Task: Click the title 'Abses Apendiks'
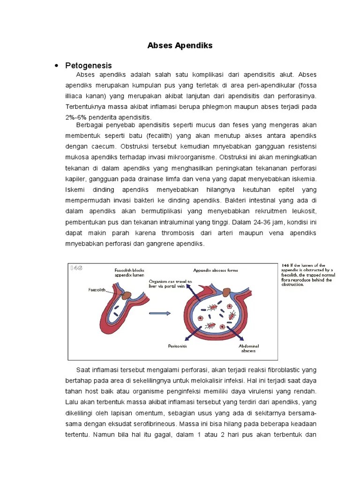pos(180,45)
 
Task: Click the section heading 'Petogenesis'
pos(89,66)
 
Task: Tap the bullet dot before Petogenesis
pos(57,66)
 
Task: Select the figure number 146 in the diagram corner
pos(76,268)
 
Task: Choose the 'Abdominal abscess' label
pos(249,348)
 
